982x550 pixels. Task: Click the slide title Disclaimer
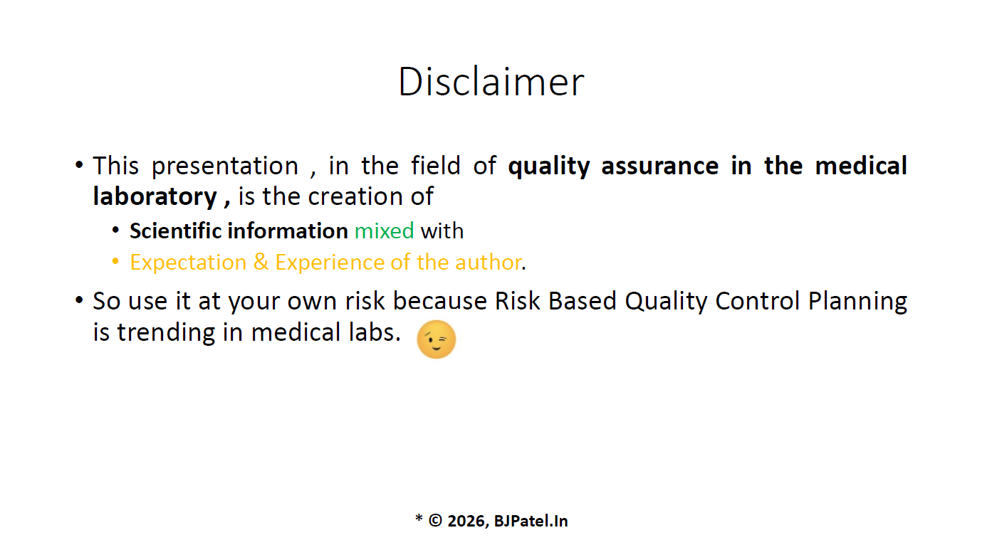point(491,81)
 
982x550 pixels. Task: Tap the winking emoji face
point(437,339)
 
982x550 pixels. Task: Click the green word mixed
point(384,231)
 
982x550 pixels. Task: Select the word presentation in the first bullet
point(225,166)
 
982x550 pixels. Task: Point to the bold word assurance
point(660,166)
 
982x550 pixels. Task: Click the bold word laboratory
point(155,196)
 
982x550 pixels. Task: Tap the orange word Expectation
point(188,263)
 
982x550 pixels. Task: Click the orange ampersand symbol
point(261,262)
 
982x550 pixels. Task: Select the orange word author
point(489,262)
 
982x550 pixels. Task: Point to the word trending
point(166,333)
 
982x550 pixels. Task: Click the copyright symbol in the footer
point(435,521)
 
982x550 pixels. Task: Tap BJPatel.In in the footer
point(531,521)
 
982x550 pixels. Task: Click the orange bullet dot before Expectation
point(116,262)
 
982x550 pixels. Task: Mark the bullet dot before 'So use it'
point(79,300)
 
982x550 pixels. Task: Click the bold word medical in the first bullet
point(861,166)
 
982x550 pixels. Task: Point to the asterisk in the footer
point(419,518)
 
